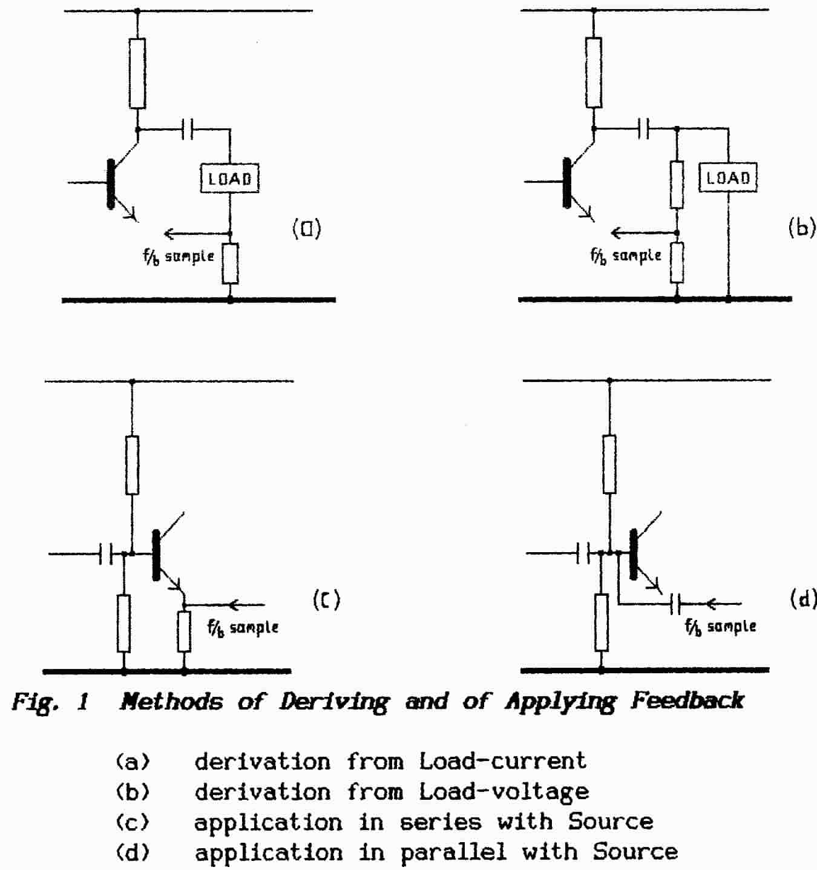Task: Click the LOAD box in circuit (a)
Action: (x=230, y=179)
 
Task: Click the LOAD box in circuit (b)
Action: (x=728, y=178)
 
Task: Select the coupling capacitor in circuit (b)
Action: (x=644, y=128)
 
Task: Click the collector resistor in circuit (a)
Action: (x=137, y=73)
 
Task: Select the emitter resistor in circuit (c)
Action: (x=184, y=631)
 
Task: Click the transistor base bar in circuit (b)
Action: (x=567, y=182)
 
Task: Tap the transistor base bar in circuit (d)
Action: (x=634, y=553)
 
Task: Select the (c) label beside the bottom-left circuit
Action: (x=326, y=599)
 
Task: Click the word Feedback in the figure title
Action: (x=687, y=701)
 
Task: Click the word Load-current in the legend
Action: (x=502, y=761)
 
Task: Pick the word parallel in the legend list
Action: (x=453, y=852)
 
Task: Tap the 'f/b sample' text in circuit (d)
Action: (x=720, y=626)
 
